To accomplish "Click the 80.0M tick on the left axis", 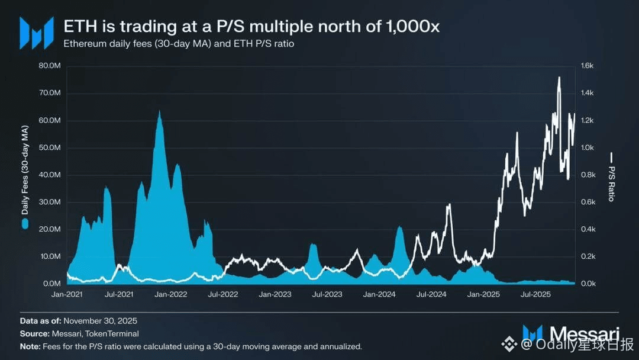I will pos(49,66).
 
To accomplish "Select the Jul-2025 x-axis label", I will pos(535,294).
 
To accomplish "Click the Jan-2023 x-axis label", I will pos(275,294).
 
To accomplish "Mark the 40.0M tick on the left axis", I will pos(49,175).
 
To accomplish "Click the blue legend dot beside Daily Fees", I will pos(24,223).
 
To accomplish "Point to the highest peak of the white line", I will pos(559,78).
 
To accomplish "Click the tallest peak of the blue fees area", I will pos(159,111).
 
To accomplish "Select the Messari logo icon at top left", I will pos(37,33).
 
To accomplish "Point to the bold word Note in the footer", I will pos(30,346).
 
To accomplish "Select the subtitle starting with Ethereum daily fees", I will pos(178,44).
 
